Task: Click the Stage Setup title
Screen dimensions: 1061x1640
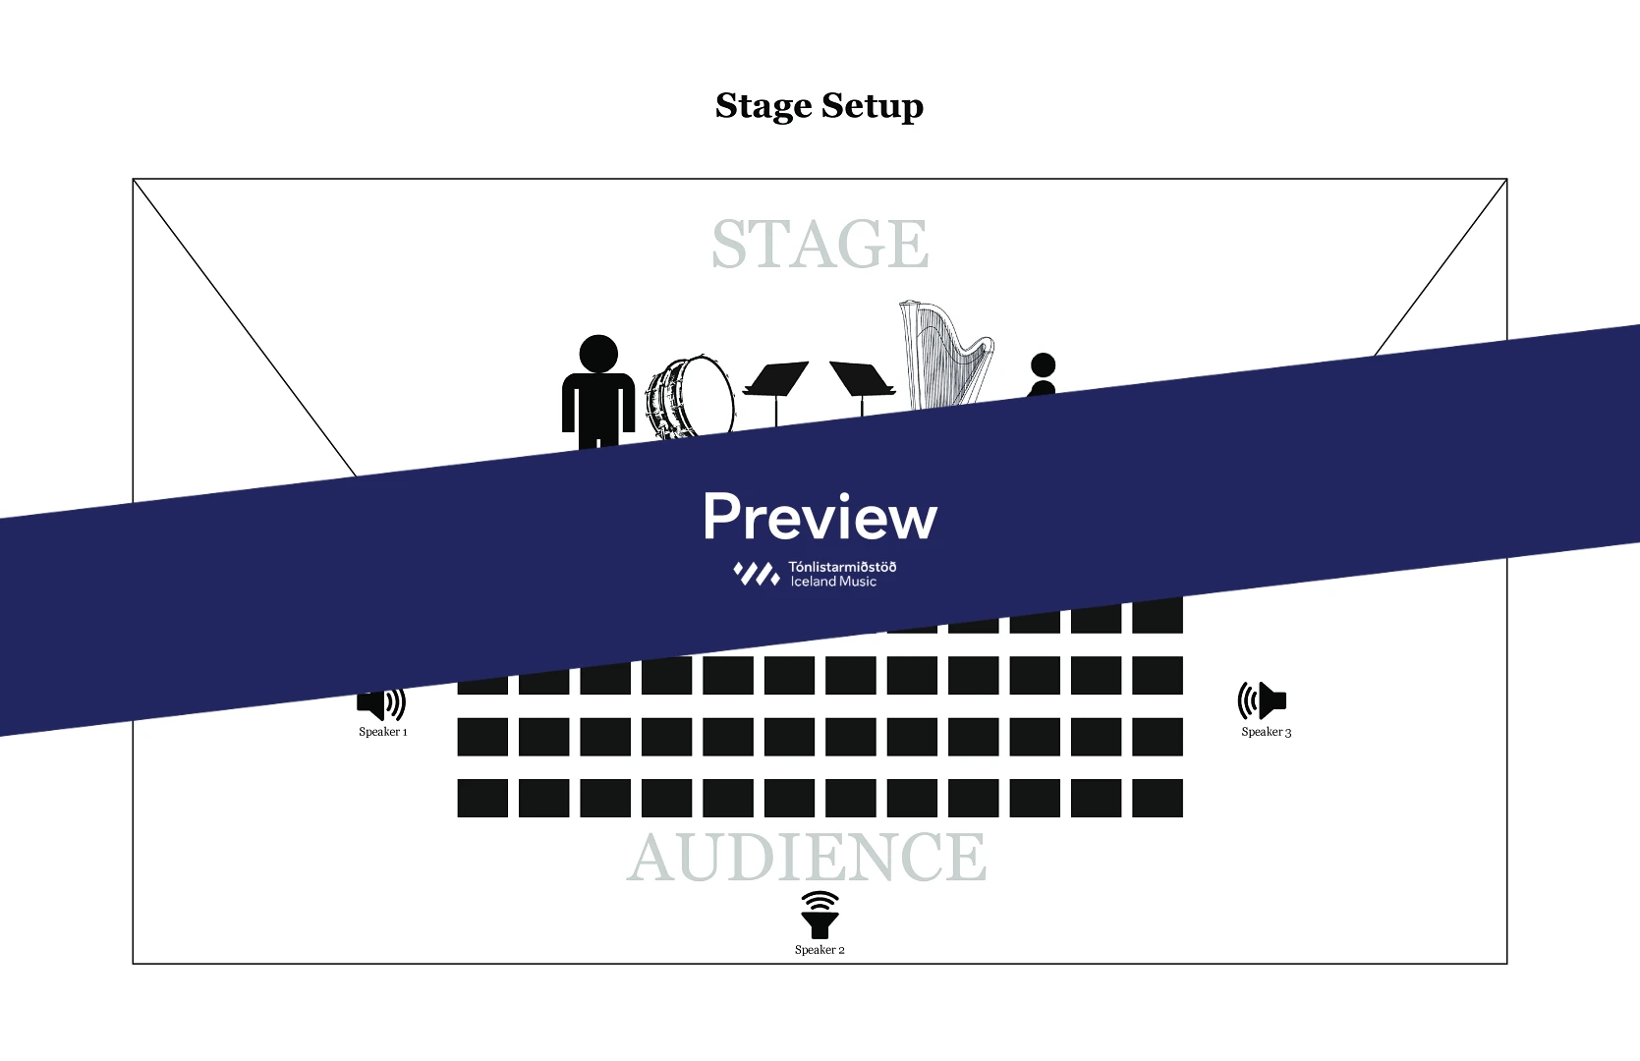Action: pos(820,106)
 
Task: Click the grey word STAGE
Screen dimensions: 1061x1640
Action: pos(820,245)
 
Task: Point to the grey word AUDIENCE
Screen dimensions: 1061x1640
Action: pos(807,858)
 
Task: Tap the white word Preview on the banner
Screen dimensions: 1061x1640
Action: pos(820,517)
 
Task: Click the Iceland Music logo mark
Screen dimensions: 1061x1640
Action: pos(756,574)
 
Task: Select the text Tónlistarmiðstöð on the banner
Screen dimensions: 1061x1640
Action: pos(842,566)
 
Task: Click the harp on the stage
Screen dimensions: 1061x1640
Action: pos(944,354)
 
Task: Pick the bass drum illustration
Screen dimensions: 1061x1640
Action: pos(691,395)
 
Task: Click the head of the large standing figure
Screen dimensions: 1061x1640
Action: pos(598,354)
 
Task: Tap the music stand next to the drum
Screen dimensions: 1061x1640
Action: pos(775,381)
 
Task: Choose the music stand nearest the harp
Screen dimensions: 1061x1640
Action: pos(862,380)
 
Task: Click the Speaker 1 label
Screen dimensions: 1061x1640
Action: pos(382,732)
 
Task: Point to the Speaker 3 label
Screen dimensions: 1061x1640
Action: pos(1266,732)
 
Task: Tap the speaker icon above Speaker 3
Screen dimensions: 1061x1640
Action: pos(1262,700)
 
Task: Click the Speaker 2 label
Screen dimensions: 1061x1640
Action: pos(820,950)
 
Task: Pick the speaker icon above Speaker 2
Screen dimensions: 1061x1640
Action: pos(820,915)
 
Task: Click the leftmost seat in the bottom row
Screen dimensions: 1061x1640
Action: pos(482,798)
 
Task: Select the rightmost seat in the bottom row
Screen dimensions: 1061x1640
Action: pos(1158,798)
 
